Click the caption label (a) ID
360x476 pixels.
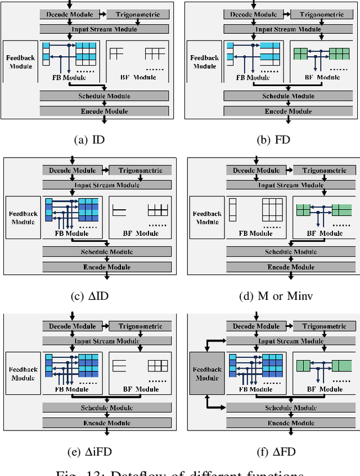pos(89,140)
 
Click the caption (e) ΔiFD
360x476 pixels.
pos(89,451)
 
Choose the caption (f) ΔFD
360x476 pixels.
pos(274,451)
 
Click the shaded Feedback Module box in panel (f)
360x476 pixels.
pos(207,374)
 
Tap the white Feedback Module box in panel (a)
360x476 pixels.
pos(20,61)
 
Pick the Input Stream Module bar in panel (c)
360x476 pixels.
pos(107,185)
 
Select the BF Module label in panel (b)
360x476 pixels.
pos(316,77)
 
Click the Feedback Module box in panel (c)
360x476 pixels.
pos(23,218)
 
